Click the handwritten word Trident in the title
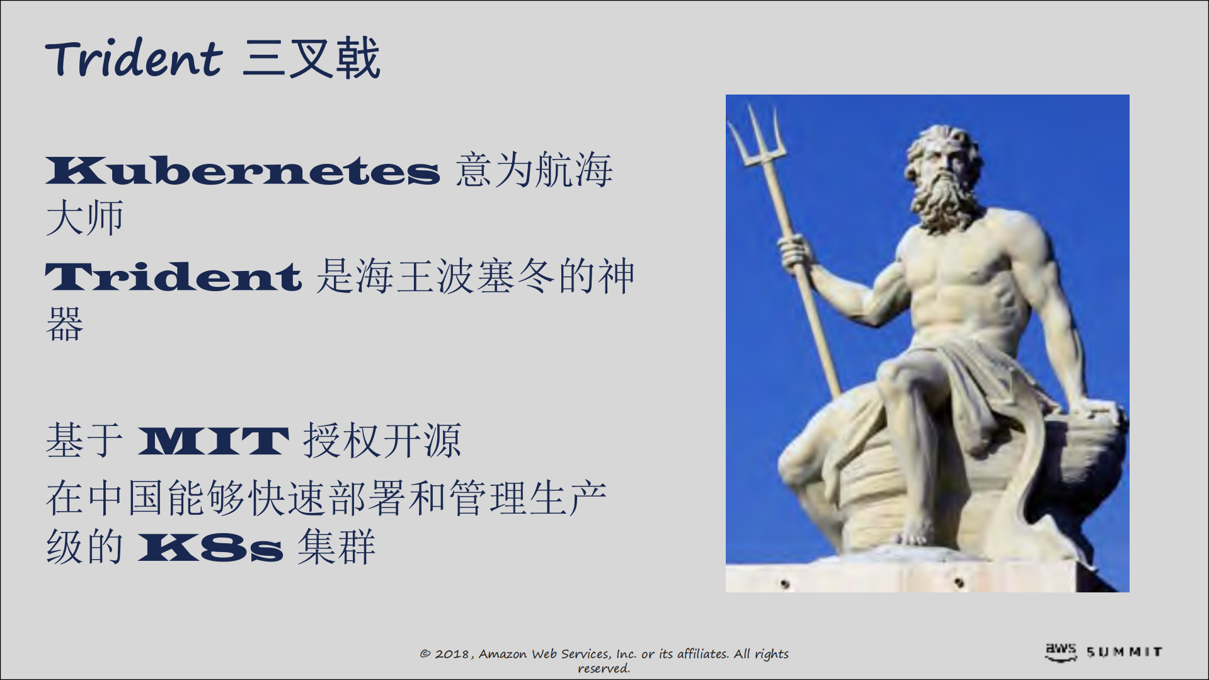tap(134, 59)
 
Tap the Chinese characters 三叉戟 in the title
tap(311, 59)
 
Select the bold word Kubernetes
tap(243, 171)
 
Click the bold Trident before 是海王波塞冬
tap(173, 277)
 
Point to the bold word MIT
tap(213, 441)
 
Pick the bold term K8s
tap(210, 548)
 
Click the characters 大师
tap(84, 219)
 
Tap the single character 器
tap(64, 325)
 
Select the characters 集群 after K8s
tap(336, 546)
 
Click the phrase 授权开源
tap(382, 441)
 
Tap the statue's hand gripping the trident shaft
tap(795, 252)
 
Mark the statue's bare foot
tap(917, 533)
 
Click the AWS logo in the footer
tap(1061, 652)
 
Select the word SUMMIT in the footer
tap(1125, 652)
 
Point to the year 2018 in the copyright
tap(452, 654)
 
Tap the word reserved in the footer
tap(604, 669)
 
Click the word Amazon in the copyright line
tap(503, 654)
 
